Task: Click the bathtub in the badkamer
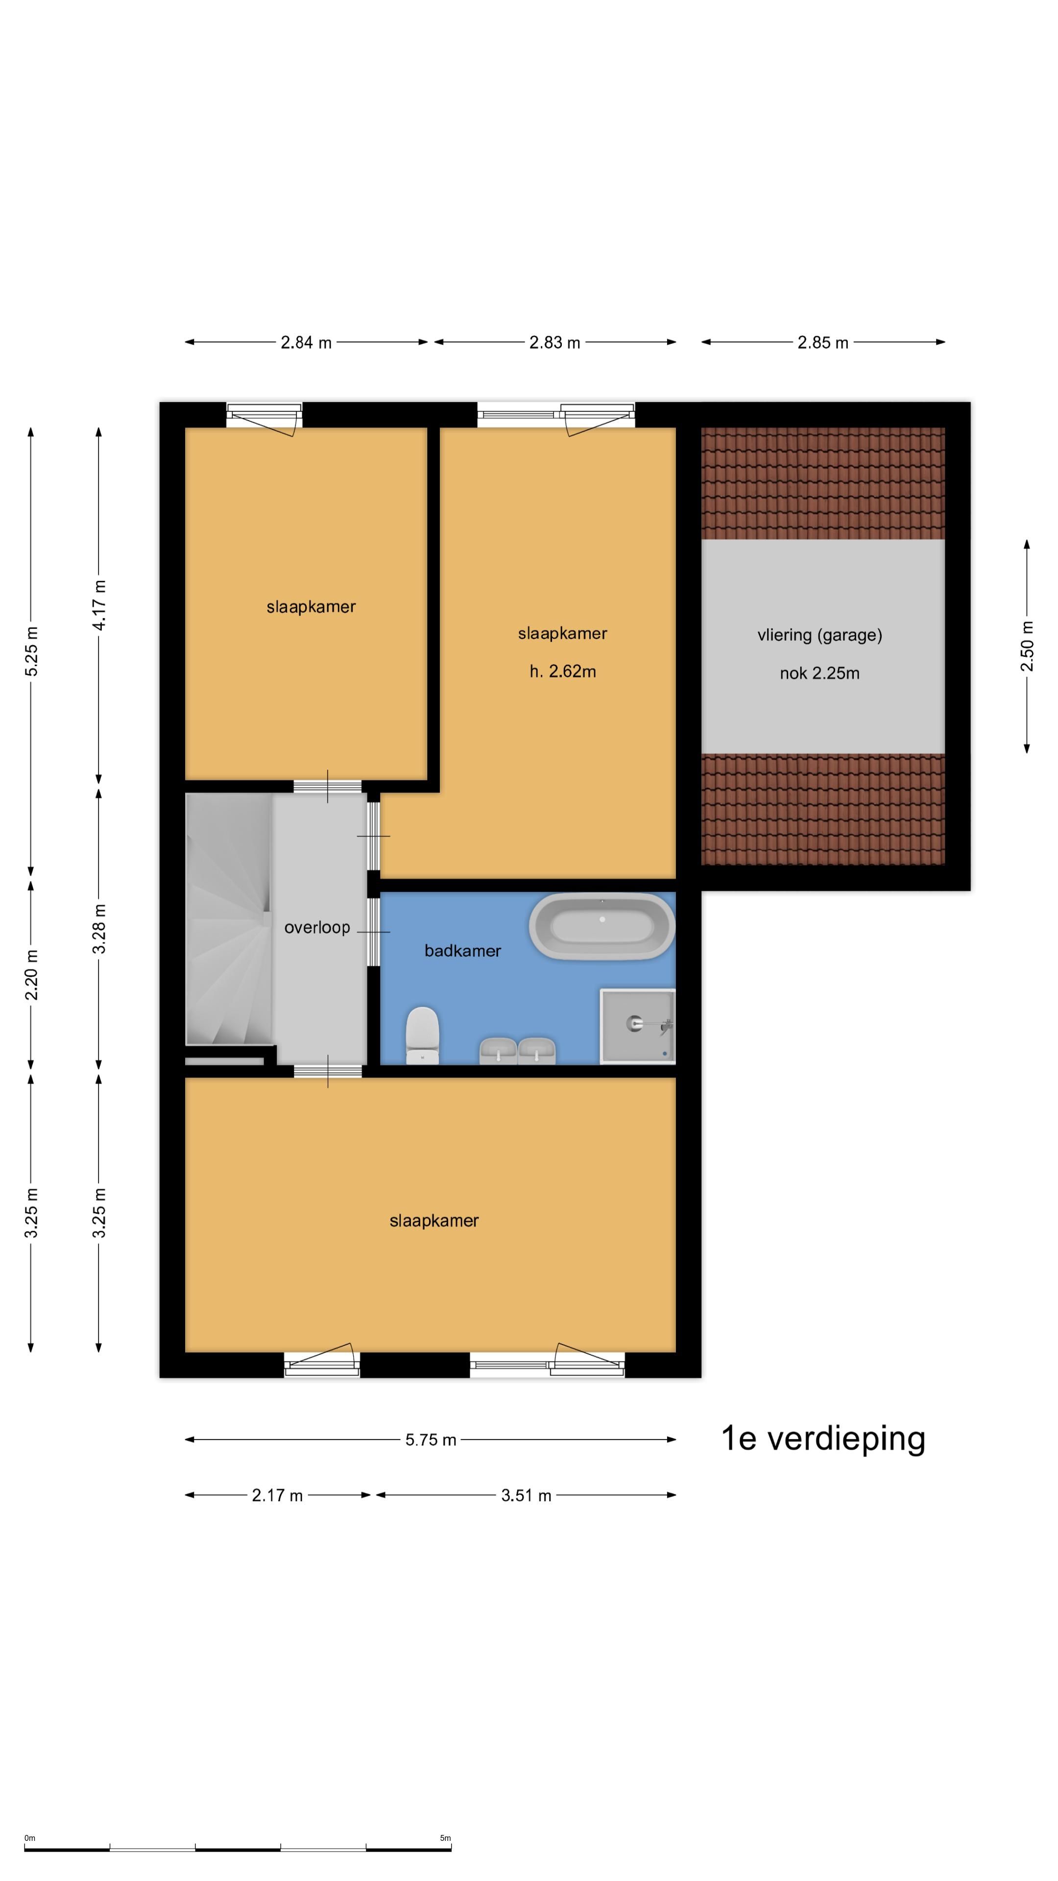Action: [601, 925]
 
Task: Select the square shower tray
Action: [637, 1026]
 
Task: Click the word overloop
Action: [317, 927]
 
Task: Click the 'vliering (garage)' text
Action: [819, 634]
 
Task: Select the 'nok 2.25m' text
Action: [819, 673]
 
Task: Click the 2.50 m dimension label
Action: [1027, 646]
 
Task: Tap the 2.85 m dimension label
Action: [822, 342]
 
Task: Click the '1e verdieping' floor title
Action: [823, 1438]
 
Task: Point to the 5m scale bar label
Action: [445, 1838]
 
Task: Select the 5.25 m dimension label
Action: [31, 651]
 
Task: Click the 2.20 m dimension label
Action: [31, 975]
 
